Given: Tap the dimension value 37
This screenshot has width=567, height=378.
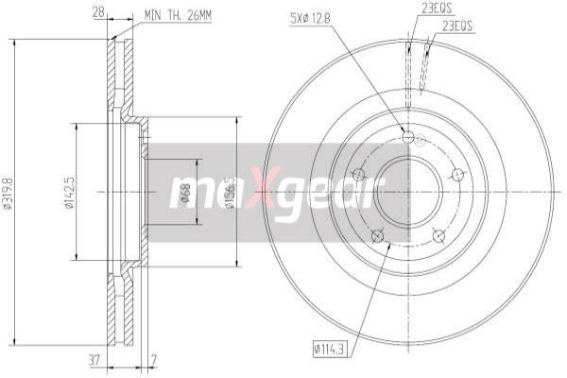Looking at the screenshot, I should [94, 358].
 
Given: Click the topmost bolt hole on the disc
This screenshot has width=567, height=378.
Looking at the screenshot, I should [407, 138].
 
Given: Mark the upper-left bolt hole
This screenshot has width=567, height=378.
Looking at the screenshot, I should [358, 175].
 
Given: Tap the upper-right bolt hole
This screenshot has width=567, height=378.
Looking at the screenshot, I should [457, 174].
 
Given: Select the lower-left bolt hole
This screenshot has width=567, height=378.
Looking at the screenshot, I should [377, 234].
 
